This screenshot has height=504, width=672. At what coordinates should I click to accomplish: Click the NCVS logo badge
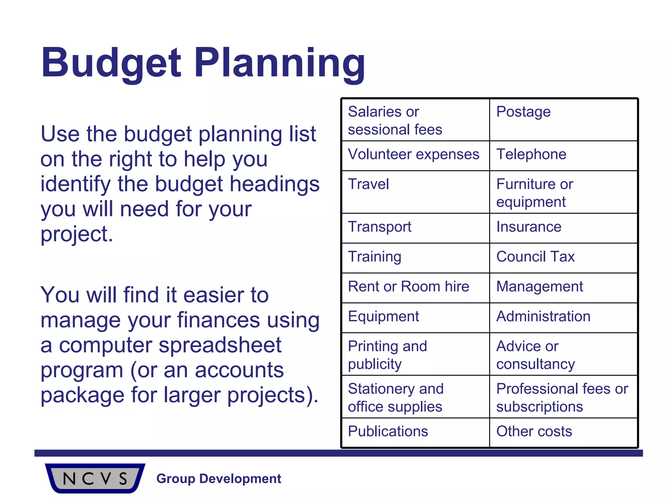95,478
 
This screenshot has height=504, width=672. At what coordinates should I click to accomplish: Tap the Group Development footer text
219,479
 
